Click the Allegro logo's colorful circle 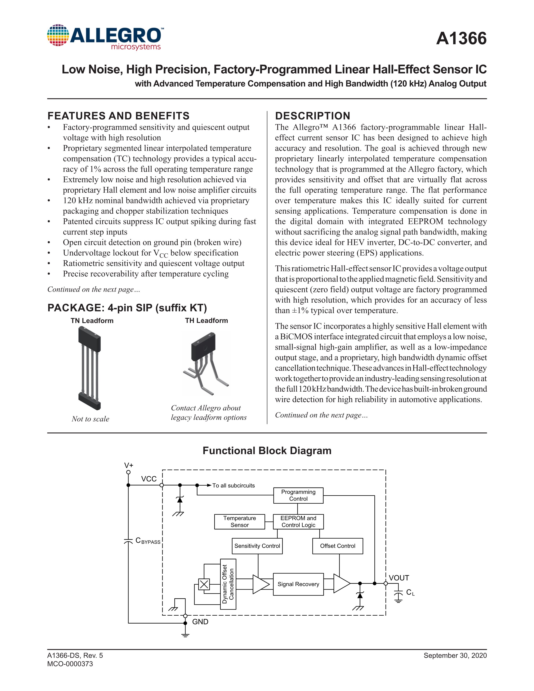[x=58, y=35]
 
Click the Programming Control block [x=298, y=495]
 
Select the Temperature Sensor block [x=240, y=521]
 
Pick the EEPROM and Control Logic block [x=298, y=521]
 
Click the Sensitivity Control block [x=257, y=546]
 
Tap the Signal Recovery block [x=298, y=584]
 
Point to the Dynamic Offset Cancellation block [x=228, y=584]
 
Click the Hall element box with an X [x=204, y=584]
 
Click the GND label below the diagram [x=200, y=622]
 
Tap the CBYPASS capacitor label [x=148, y=541]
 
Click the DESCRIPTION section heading [x=313, y=116]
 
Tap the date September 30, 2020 [x=455, y=655]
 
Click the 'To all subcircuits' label [x=233, y=485]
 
